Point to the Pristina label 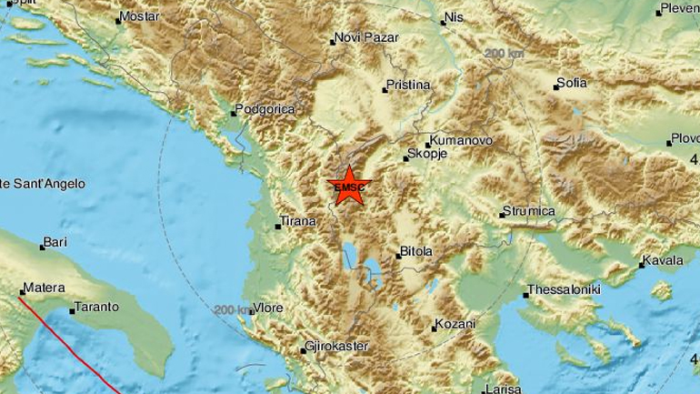407,85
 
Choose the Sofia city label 572,84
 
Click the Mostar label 139,17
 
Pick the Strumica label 532,212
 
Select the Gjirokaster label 341,348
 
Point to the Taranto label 96,308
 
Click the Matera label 44,288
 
